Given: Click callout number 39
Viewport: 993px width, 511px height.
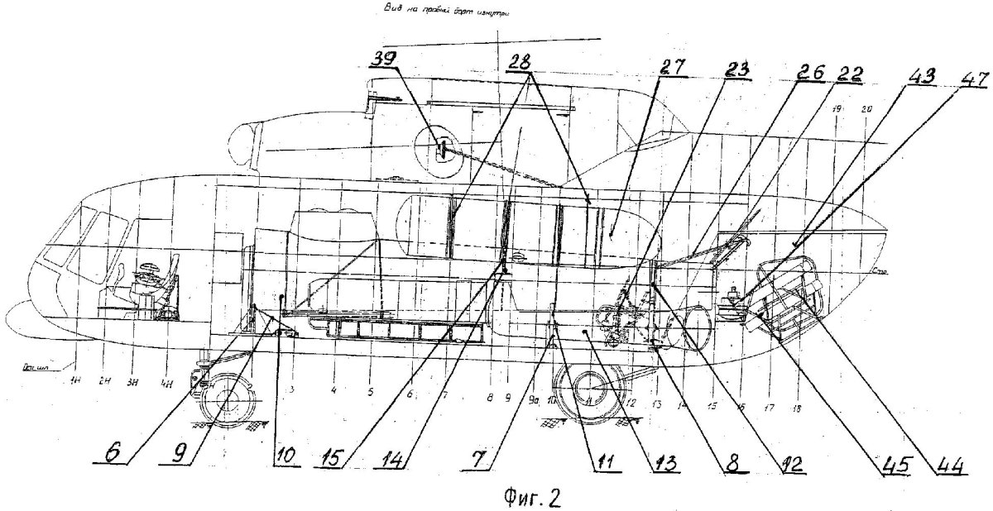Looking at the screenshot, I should coord(383,60).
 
